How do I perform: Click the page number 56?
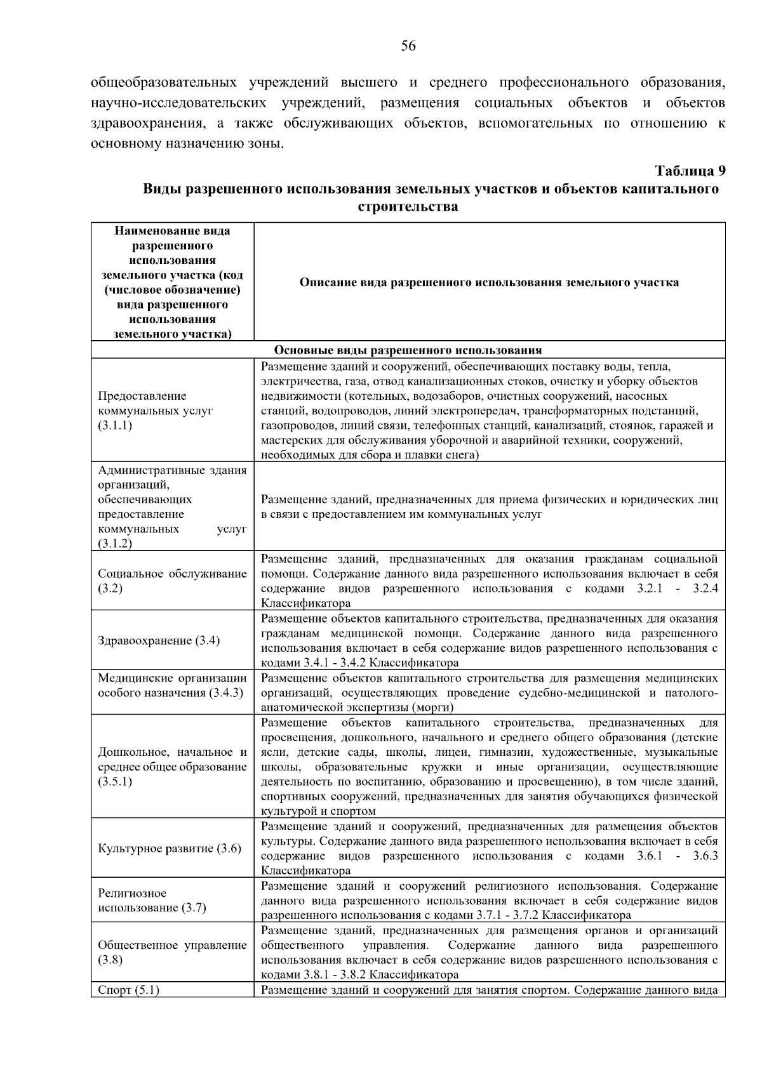coord(408,46)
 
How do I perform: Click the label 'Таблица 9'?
coord(690,171)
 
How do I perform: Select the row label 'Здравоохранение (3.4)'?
coord(159,640)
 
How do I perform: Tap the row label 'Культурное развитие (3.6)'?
coord(170,849)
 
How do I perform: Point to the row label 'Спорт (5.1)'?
coord(128,989)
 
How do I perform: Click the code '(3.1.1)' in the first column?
coord(115,425)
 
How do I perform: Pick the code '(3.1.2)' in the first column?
coord(115,543)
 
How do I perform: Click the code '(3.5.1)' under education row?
coord(115,781)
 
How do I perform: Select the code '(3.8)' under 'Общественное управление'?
coord(110,960)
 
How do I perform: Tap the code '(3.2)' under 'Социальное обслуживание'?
coord(110,588)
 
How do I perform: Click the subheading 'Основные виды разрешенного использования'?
coord(408,350)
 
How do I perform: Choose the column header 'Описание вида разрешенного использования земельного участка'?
coord(489,282)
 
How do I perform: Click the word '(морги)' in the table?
coord(432,707)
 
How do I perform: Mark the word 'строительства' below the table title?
coord(408,207)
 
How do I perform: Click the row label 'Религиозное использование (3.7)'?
coord(152,901)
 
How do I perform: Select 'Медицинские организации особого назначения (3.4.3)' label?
coord(171,685)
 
